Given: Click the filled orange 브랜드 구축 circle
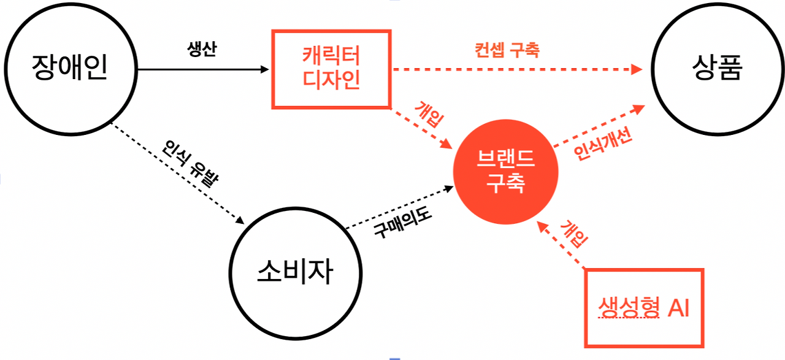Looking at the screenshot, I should tap(505, 172).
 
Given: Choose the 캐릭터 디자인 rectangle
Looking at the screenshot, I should tap(331, 69).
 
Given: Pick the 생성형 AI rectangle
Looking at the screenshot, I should tap(643, 307).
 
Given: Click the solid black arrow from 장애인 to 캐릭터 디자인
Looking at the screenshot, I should tap(202, 69).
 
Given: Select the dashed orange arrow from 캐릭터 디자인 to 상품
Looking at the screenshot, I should tap(515, 69).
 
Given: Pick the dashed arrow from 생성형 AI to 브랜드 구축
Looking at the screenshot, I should tap(561, 245).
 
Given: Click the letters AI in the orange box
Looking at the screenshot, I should tap(678, 308).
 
